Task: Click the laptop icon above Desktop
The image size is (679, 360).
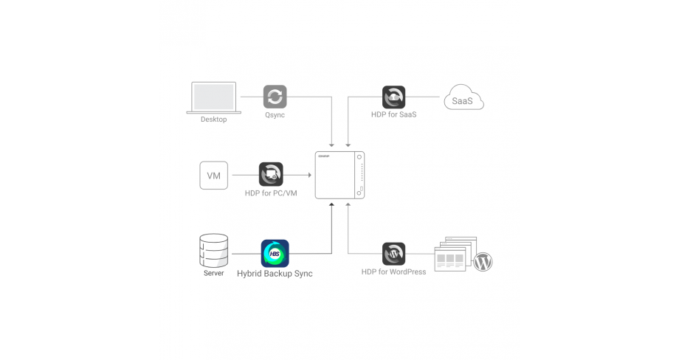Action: [214, 97]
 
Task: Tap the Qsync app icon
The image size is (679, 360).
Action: [275, 97]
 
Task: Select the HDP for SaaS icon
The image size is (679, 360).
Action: [393, 97]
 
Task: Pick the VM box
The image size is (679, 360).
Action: [213, 176]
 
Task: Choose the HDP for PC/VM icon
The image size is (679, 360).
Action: [271, 174]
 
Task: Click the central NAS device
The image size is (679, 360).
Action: [340, 174]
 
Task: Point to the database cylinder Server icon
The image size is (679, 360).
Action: [214, 251]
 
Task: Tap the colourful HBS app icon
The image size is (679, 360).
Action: [275, 253]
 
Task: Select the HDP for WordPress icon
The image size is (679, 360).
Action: [393, 254]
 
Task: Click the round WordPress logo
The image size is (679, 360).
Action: [483, 261]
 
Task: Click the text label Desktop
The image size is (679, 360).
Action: [214, 120]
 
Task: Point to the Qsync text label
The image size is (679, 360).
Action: [275, 116]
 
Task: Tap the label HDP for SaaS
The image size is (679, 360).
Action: [393, 116]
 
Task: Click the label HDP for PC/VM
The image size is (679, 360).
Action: [271, 193]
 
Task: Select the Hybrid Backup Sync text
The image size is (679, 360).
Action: [275, 274]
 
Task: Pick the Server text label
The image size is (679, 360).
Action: [214, 274]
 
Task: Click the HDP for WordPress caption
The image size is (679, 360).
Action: [393, 272]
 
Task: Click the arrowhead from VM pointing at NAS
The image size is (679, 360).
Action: [307, 175]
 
